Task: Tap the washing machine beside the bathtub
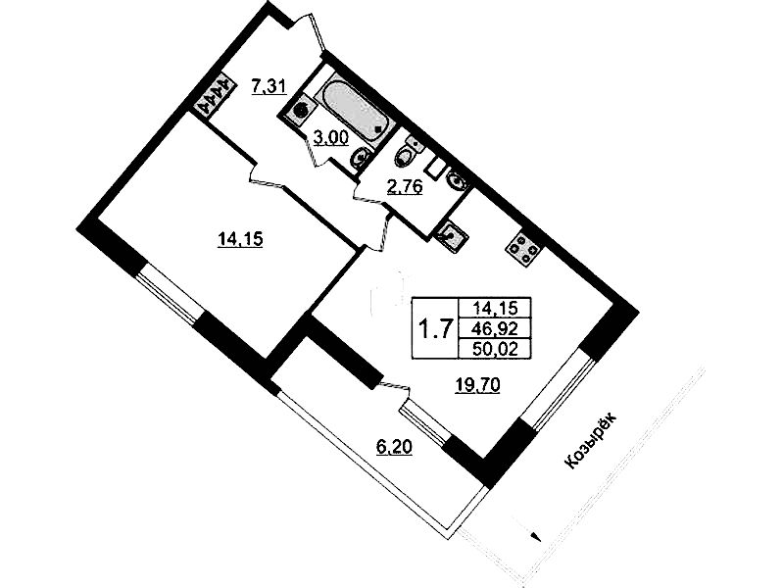point(301,110)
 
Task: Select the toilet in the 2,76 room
point(407,152)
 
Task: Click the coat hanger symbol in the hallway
point(215,95)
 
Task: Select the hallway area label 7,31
point(269,87)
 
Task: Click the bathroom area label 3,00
point(330,137)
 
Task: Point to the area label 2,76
point(406,187)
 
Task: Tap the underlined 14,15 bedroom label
point(240,240)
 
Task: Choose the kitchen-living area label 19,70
point(477,385)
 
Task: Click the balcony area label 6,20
point(394,448)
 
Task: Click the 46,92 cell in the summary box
point(494,328)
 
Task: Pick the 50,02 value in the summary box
point(494,348)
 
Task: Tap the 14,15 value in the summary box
point(494,308)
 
